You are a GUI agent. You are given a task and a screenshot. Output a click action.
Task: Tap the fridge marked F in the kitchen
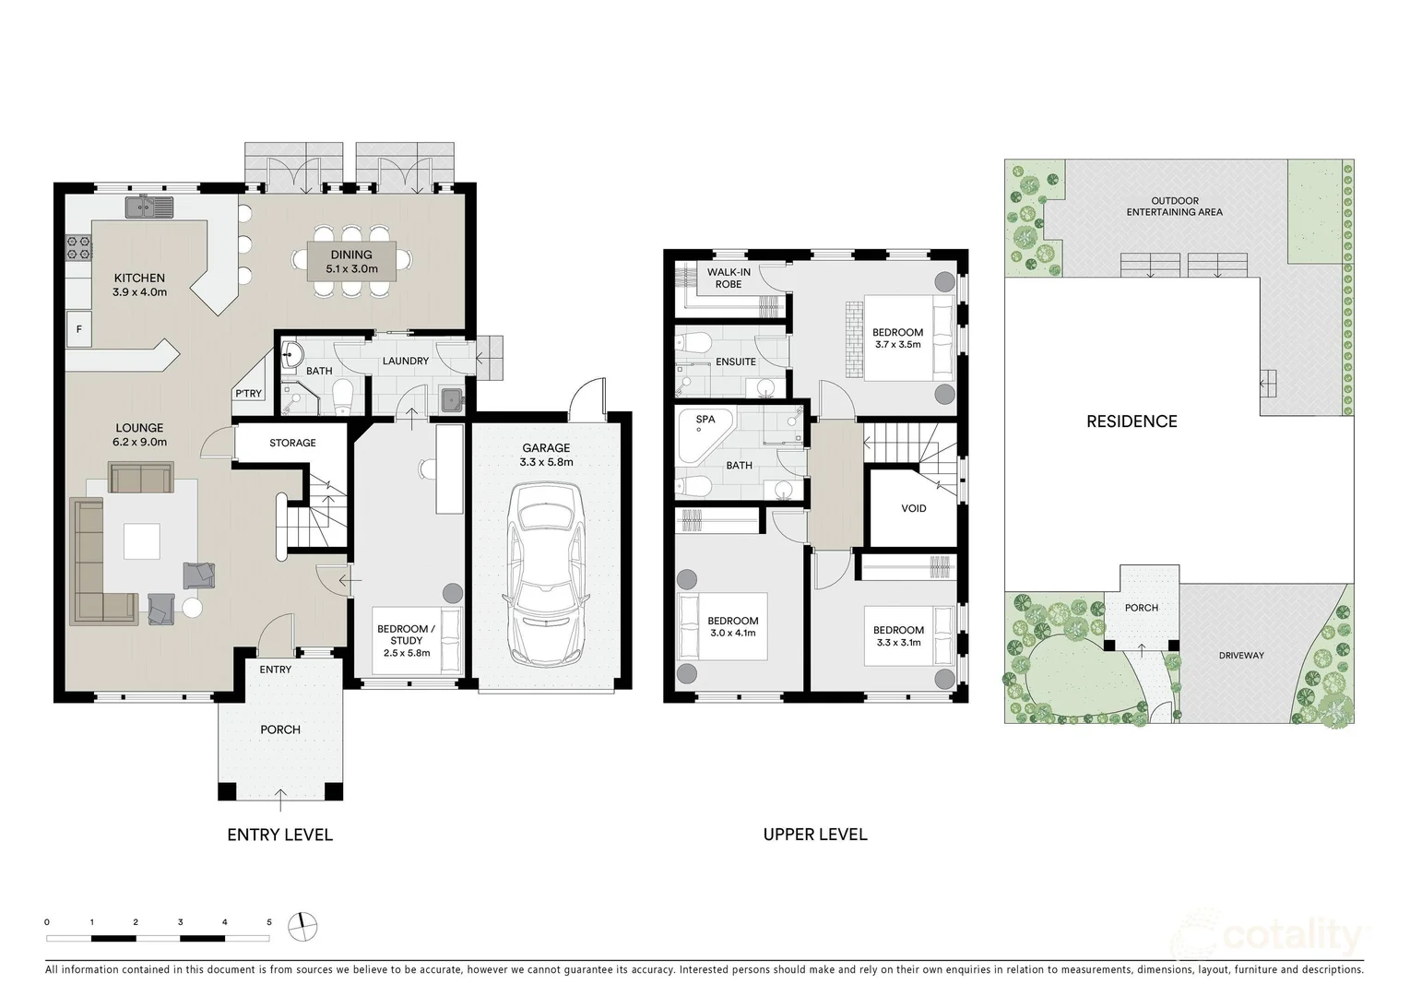click(79, 329)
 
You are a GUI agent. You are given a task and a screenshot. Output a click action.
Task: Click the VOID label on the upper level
click(913, 508)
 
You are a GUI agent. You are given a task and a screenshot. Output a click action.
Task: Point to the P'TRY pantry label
click(248, 393)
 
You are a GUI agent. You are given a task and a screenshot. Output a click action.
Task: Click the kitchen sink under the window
click(149, 207)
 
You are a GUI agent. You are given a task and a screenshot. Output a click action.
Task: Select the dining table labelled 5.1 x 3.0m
click(351, 262)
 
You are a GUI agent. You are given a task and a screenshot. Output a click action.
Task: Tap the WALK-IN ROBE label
click(728, 278)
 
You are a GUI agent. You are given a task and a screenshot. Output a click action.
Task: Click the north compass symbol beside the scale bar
click(302, 925)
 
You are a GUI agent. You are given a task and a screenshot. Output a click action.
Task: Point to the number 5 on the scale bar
click(269, 922)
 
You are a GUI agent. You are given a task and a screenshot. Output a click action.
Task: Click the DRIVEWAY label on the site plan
click(1241, 656)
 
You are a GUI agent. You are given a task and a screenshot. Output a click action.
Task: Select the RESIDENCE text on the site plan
click(1132, 421)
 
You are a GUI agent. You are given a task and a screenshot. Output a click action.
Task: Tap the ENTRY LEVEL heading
click(279, 835)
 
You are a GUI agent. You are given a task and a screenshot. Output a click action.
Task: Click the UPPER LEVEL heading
click(815, 835)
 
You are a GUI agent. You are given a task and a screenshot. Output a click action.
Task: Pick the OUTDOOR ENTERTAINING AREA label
click(1174, 207)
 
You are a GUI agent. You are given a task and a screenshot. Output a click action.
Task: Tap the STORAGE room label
click(292, 443)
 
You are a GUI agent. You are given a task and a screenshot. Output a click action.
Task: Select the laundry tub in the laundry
click(451, 400)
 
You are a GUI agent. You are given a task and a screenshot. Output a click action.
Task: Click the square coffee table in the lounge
click(141, 542)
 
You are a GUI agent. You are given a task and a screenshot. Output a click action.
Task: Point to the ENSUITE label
click(735, 362)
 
